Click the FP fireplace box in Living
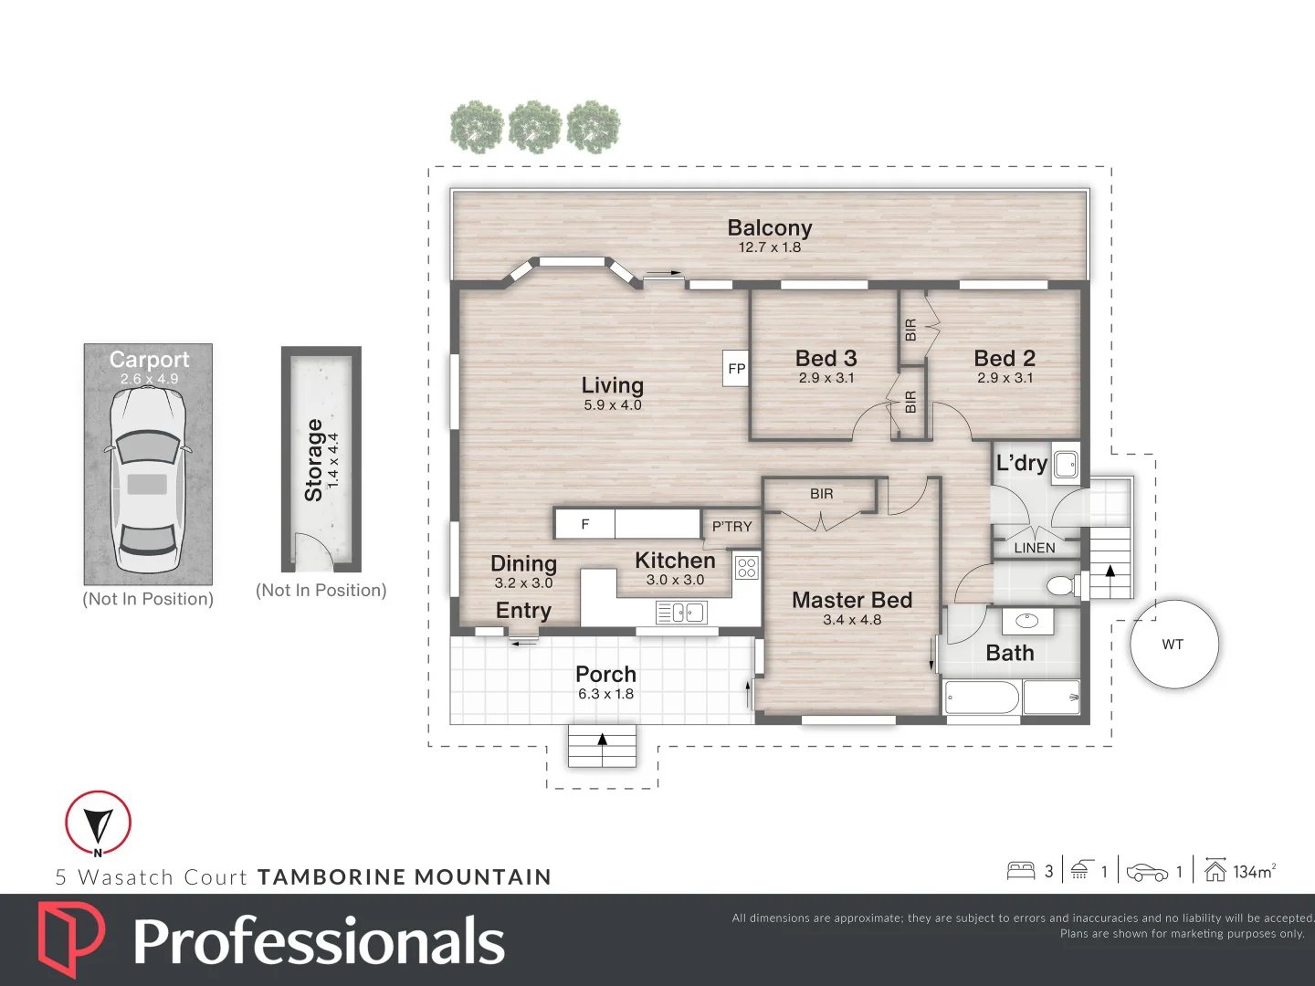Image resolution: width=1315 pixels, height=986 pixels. (736, 368)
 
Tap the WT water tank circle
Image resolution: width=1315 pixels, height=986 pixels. (1174, 645)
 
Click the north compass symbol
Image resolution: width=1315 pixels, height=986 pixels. (98, 823)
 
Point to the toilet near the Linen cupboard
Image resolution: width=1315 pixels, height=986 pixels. (1062, 585)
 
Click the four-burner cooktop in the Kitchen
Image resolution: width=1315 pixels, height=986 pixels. (746, 568)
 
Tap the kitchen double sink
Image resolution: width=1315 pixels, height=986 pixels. (681, 613)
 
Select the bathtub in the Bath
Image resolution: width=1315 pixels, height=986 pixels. (982, 698)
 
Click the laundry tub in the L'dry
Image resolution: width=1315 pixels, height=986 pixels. (1066, 464)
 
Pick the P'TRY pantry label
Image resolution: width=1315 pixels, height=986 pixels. (731, 527)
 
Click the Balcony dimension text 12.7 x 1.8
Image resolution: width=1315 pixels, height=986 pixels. (769, 247)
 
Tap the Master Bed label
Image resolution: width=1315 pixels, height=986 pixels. (852, 600)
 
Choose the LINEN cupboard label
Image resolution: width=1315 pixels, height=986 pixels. (1035, 548)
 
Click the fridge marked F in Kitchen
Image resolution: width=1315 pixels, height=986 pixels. (585, 524)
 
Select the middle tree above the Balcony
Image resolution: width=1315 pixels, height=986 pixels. (534, 127)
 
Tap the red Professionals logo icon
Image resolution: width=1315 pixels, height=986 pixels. (71, 939)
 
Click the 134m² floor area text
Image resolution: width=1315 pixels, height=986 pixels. (1254, 872)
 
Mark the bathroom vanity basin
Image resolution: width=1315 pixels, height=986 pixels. (1028, 621)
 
